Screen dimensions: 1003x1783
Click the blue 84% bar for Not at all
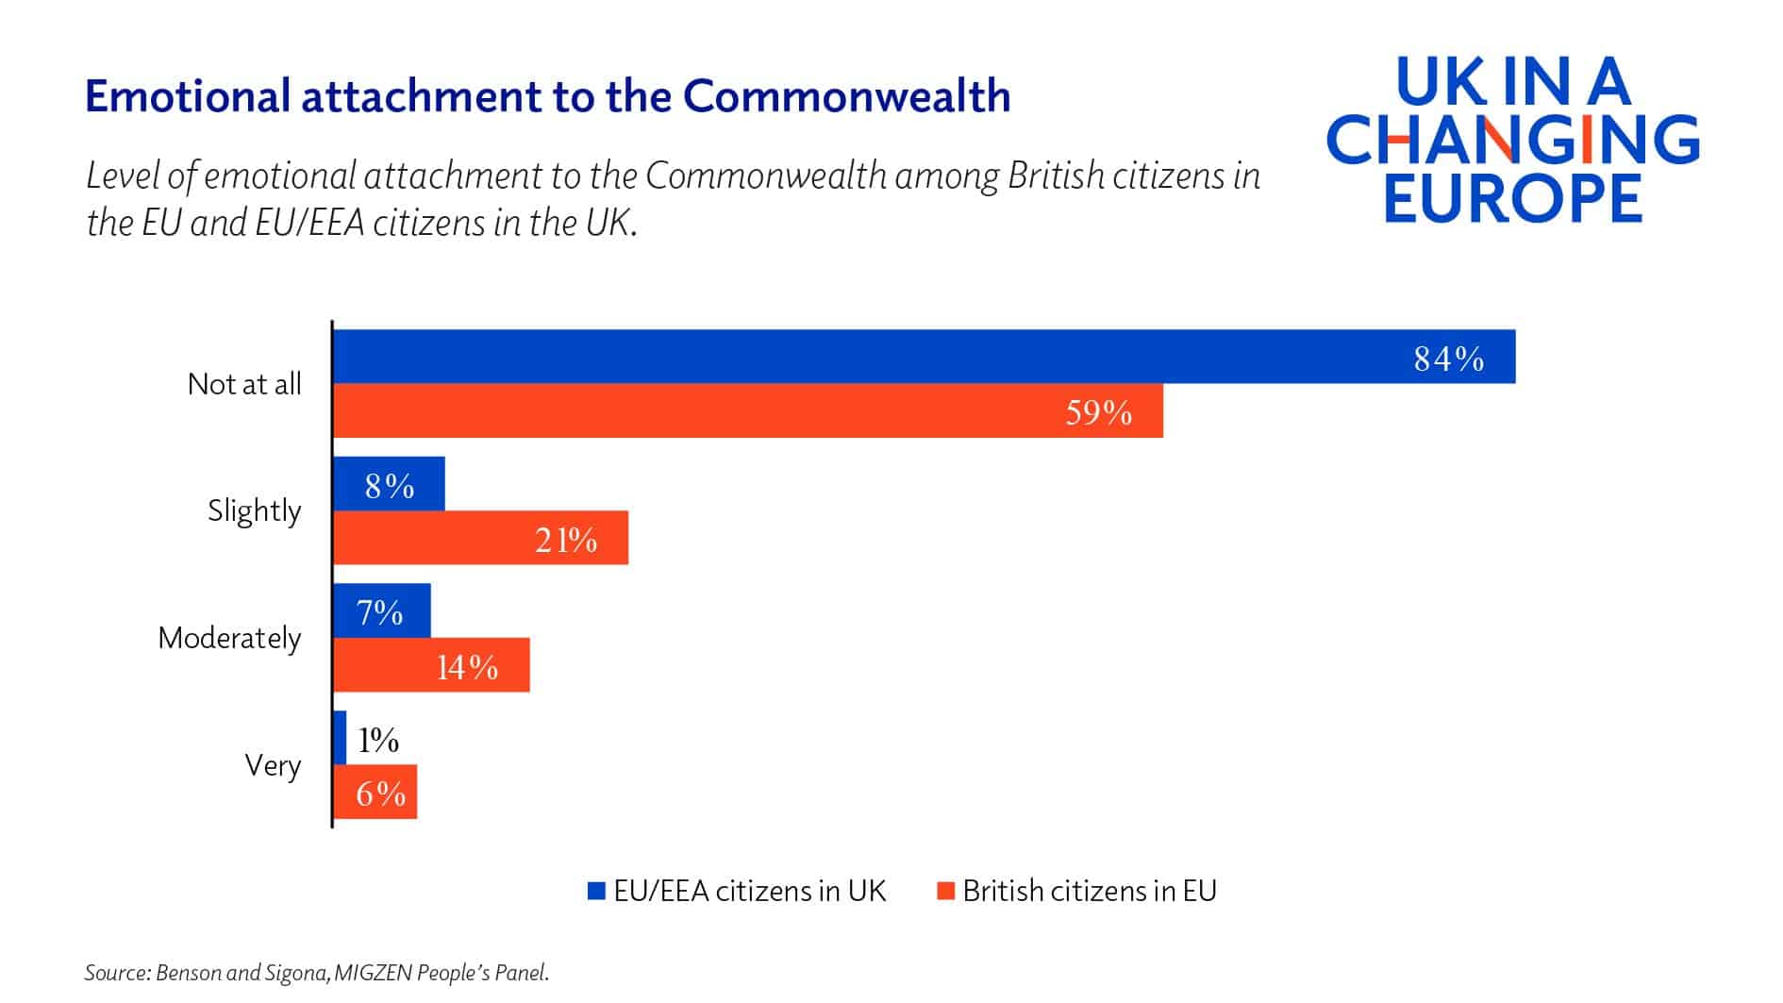click(925, 357)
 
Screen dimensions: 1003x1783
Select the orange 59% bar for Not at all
click(748, 410)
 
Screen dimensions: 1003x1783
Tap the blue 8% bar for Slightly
click(389, 484)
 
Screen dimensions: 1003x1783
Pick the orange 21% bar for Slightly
click(481, 538)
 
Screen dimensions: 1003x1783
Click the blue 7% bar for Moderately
click(382, 610)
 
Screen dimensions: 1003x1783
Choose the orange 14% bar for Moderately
click(431, 665)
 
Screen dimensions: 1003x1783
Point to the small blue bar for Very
click(340, 737)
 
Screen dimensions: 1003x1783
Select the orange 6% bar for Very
click(375, 792)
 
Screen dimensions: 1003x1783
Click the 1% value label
click(378, 740)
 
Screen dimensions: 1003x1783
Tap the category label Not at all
click(244, 384)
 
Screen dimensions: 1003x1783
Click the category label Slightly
click(255, 510)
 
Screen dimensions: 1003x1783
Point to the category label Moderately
click(229, 638)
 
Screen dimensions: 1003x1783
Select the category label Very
click(273, 764)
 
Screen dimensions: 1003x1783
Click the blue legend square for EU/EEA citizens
click(596, 891)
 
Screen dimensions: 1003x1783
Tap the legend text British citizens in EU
click(1090, 891)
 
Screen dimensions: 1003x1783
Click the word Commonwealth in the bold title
click(846, 96)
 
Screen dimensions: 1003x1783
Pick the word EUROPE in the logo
click(1513, 197)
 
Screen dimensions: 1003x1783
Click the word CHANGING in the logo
click(1513, 141)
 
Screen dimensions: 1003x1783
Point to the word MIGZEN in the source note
click(375, 973)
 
